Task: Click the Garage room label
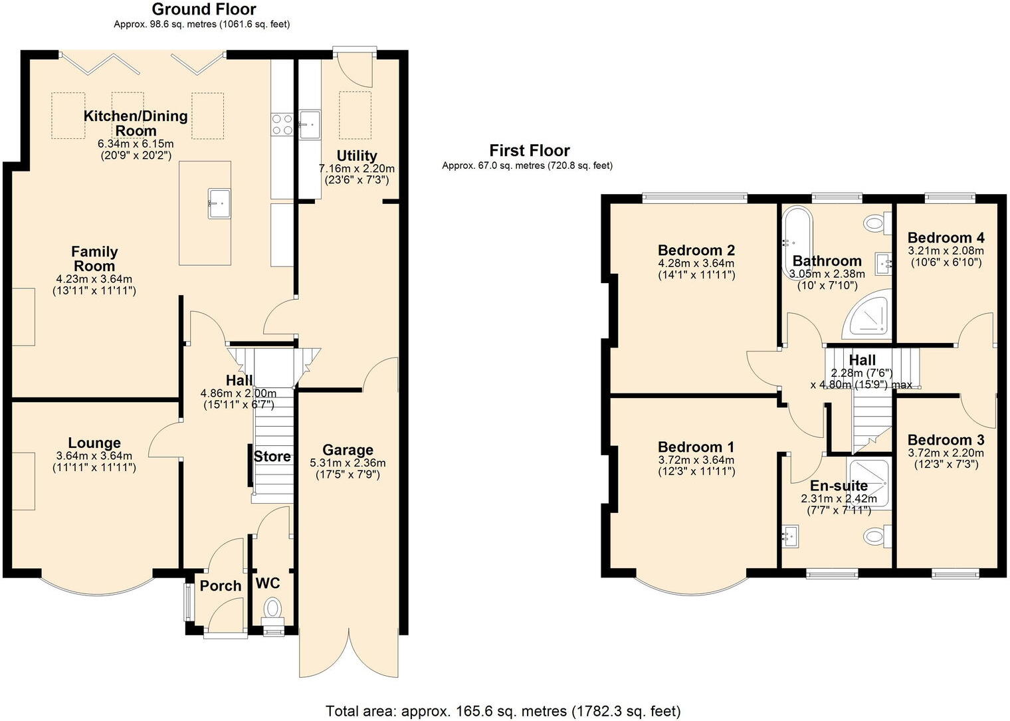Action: [x=348, y=450]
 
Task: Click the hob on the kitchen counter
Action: [x=282, y=124]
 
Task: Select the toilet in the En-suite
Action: [x=876, y=536]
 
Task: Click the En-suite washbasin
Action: [x=791, y=536]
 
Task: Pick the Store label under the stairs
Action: [x=272, y=457]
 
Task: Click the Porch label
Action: [x=221, y=585]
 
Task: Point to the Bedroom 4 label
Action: [x=946, y=237]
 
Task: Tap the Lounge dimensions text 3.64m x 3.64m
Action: [x=94, y=456]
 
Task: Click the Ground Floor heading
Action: [x=203, y=9]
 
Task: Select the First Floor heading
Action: [x=530, y=151]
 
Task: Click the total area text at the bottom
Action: [x=503, y=711]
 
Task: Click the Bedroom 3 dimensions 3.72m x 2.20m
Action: [x=946, y=453]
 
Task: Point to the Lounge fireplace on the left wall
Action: [x=23, y=481]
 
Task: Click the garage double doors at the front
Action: [x=348, y=655]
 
